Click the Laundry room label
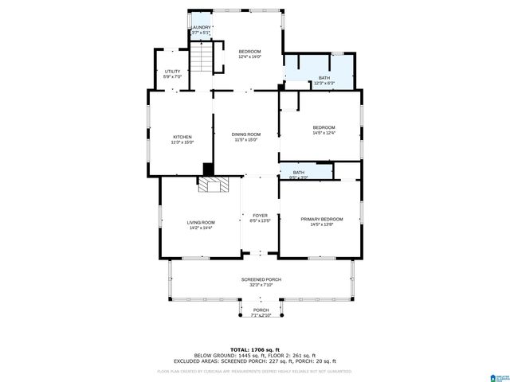[201, 28]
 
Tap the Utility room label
[172, 72]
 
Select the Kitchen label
[182, 137]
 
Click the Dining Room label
[246, 134]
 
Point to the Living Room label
[201, 223]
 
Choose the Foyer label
[260, 216]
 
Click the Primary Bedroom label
[321, 219]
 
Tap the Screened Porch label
[261, 280]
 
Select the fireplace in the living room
[213, 185]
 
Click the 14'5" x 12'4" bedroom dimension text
[324, 134]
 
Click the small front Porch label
[261, 310]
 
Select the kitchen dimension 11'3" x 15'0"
[182, 142]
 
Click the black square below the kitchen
[208, 169]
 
